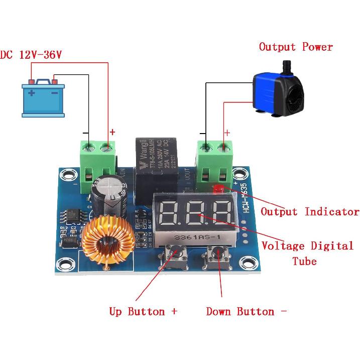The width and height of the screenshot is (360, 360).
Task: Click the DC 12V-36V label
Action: coord(31,54)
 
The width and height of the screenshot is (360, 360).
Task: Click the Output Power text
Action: coord(296,47)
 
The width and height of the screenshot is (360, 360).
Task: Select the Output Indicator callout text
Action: coord(310,211)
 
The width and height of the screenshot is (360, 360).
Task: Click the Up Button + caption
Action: coord(143,311)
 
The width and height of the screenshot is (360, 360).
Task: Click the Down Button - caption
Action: coord(246,311)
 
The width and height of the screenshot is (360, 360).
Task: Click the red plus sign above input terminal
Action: coord(112,133)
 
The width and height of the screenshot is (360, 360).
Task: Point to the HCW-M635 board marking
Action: coord(251,199)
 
